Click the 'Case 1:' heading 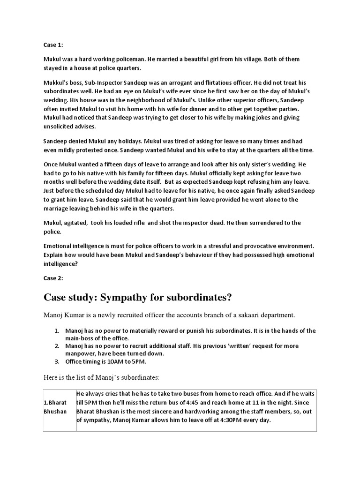pyautogui.click(x=52, y=45)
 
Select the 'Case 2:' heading pyautogui.click(x=52, y=278)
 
